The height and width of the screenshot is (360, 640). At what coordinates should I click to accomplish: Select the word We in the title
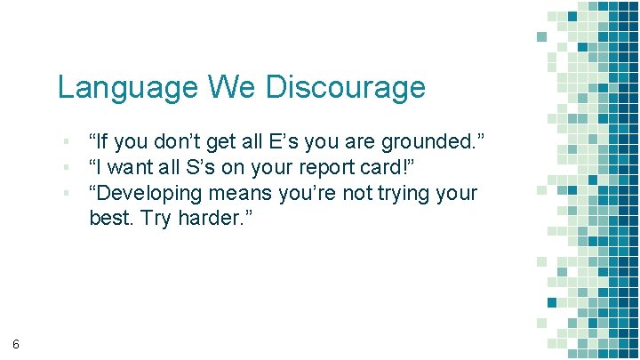pyautogui.click(x=234, y=87)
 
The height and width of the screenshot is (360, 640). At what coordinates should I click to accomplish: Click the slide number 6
pyautogui.click(x=17, y=344)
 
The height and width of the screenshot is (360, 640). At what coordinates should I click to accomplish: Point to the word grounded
pyautogui.click(x=434, y=142)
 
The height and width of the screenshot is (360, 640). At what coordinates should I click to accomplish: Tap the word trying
pyautogui.click(x=397, y=193)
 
